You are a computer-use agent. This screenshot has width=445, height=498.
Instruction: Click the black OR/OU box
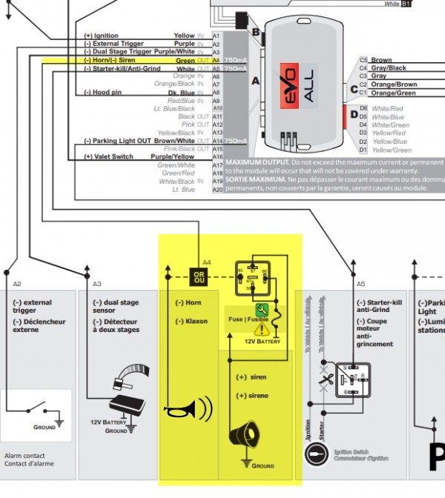pos(198,276)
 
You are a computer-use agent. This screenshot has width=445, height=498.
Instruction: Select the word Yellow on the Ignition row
pos(184,36)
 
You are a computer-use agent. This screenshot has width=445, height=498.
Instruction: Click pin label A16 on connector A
pos(217,157)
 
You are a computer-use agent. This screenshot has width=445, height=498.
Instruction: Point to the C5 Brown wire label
pos(381,60)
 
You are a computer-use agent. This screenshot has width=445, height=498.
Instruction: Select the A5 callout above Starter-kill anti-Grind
pos(361,284)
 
